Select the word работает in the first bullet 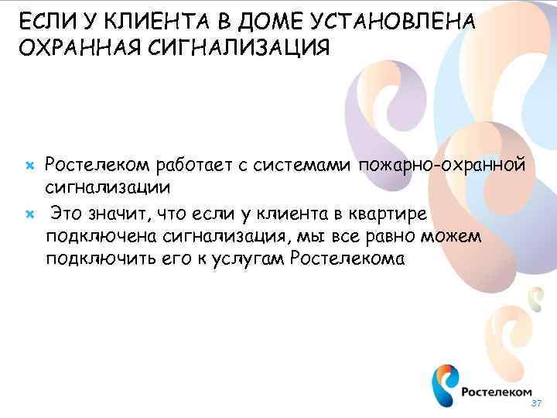click(x=193, y=165)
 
